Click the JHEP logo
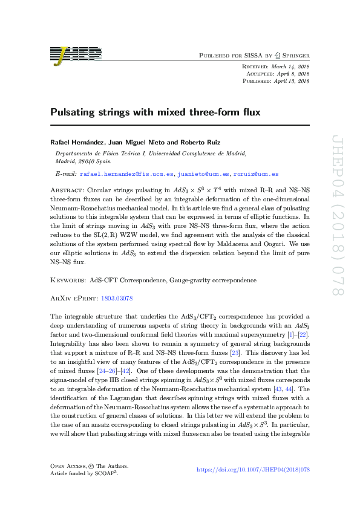point(75,54)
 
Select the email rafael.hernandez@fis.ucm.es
point(126,173)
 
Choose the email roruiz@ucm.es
point(255,173)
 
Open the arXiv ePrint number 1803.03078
point(117,298)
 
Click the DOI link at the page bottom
point(254,486)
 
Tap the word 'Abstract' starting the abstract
point(67,189)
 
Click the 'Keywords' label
point(67,280)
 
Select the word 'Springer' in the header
point(293,55)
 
